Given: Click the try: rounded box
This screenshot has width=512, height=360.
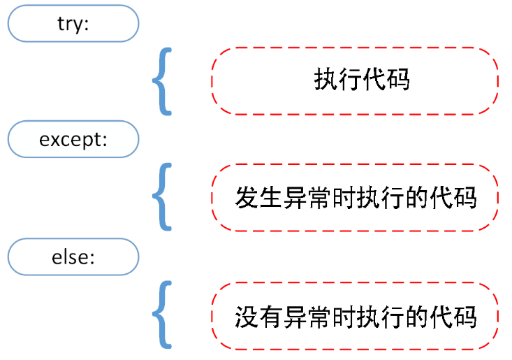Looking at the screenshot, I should tap(73, 23).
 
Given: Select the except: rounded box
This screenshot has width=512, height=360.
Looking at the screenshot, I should tap(73, 140).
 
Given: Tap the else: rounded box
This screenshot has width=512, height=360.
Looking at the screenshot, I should tap(73, 257).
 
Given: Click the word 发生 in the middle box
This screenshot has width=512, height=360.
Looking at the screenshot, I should tap(258, 198).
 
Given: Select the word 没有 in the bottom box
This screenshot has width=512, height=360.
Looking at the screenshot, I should tap(258, 316).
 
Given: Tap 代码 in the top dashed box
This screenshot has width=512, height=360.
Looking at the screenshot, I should tap(386, 80).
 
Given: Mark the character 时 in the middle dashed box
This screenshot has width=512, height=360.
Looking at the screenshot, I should tap(343, 198).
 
